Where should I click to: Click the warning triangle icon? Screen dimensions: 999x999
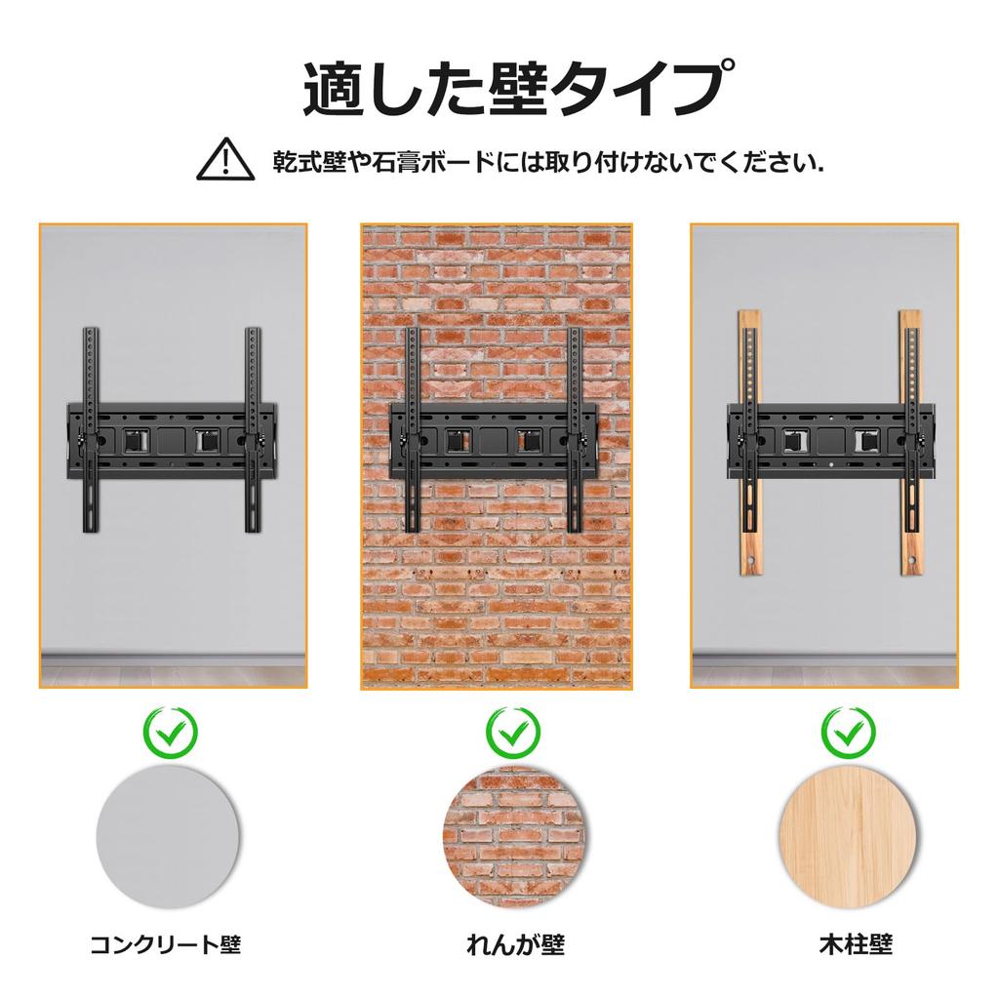225,159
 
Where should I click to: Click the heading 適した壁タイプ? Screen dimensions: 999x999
512,89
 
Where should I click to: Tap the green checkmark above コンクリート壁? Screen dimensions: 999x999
170,730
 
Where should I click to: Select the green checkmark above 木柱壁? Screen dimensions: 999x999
848,730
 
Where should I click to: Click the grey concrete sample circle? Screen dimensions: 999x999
168,836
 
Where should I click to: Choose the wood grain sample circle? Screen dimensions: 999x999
851,836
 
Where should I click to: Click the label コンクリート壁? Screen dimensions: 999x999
165,944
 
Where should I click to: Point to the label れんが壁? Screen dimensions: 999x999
515,944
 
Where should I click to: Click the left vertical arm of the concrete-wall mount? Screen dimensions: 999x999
91,429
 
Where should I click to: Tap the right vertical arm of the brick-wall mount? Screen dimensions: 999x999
576,429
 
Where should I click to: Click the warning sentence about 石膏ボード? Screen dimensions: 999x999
548,160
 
